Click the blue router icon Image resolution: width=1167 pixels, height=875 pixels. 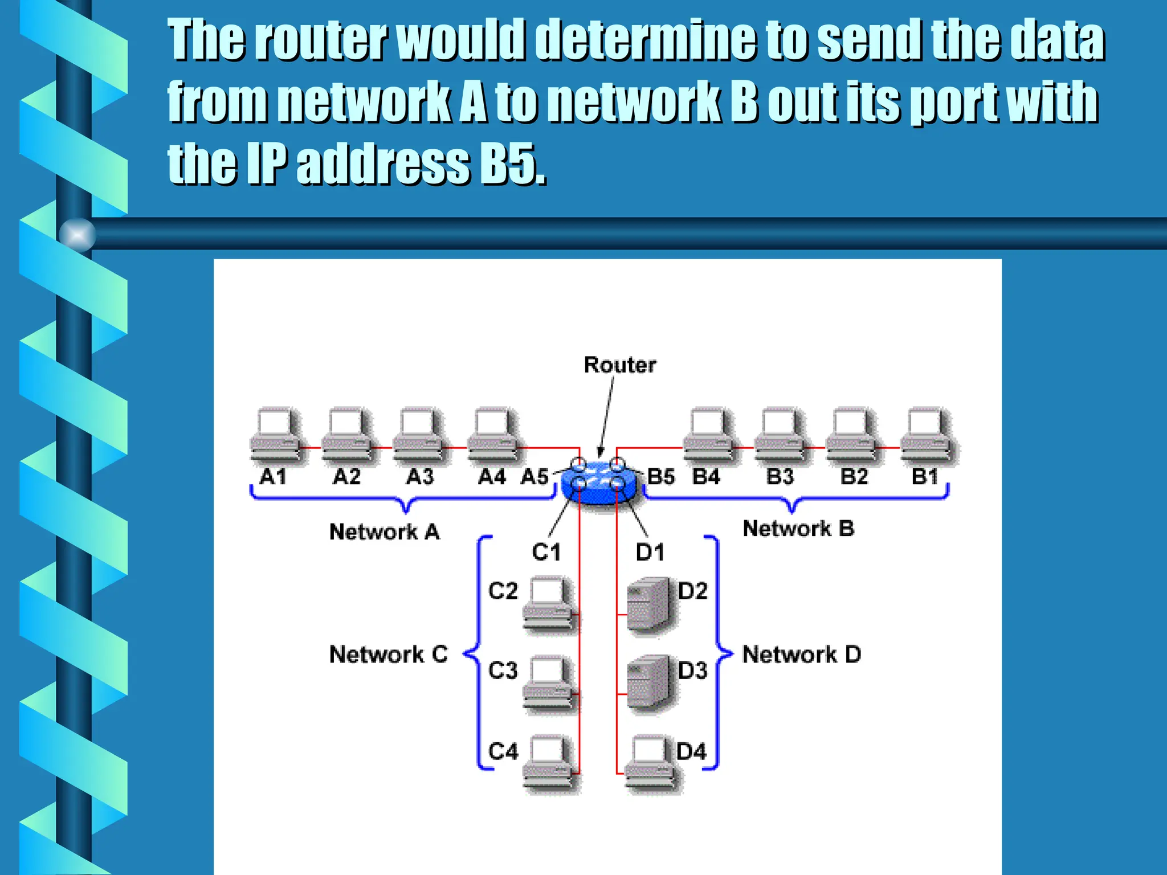(598, 481)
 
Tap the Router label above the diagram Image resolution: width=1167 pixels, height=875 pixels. (620, 365)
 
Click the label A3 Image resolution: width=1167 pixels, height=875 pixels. (419, 476)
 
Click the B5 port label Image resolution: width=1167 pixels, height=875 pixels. (661, 476)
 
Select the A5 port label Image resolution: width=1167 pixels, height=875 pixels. (534, 476)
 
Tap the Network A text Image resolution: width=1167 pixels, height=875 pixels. (385, 531)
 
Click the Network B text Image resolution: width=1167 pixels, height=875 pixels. (798, 528)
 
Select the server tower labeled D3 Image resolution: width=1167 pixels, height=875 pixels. (648, 684)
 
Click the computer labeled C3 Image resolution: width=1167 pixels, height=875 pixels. (548, 684)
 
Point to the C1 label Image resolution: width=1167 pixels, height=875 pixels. (546, 552)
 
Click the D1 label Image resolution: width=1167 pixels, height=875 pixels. (650, 552)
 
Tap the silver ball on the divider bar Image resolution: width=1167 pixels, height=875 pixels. (77, 234)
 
